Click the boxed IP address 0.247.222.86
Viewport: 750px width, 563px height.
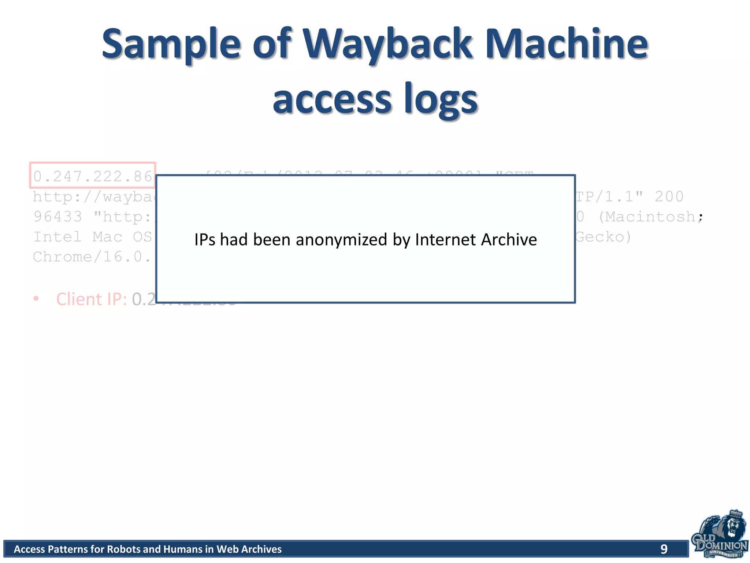click(x=93, y=176)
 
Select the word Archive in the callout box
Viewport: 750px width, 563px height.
click(x=509, y=240)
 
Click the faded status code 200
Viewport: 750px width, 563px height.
click(x=669, y=197)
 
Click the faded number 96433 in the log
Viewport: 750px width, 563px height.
click(x=58, y=217)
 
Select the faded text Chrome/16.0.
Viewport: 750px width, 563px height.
click(x=92, y=257)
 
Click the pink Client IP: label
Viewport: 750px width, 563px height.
click(x=92, y=299)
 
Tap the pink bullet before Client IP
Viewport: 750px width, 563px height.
click(x=36, y=299)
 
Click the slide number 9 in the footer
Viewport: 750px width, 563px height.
click(x=664, y=549)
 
